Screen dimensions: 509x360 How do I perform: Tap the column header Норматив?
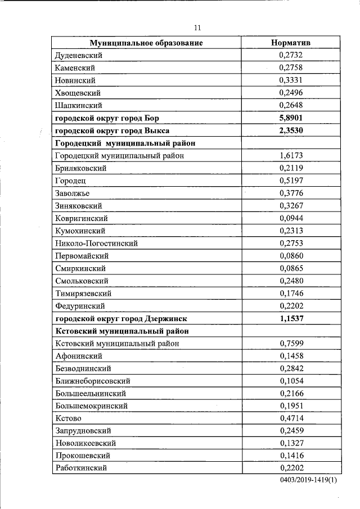click(290, 43)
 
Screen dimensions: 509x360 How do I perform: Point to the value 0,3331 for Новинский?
click(290, 80)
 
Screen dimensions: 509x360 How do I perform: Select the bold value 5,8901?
click(290, 118)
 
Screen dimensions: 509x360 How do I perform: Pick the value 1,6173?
click(290, 155)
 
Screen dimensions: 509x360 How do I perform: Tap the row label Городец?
click(70, 181)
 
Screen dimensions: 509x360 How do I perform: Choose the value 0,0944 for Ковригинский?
click(290, 218)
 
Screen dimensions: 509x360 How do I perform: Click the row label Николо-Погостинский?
click(96, 243)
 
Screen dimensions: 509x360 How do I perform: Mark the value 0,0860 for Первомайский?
click(290, 255)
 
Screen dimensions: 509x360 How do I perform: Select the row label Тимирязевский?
click(83, 293)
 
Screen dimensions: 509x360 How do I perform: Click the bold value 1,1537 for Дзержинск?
click(290, 318)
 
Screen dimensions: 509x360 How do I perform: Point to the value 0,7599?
click(290, 343)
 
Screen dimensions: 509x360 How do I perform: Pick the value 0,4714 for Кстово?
click(290, 418)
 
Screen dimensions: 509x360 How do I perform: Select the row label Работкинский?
click(81, 468)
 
